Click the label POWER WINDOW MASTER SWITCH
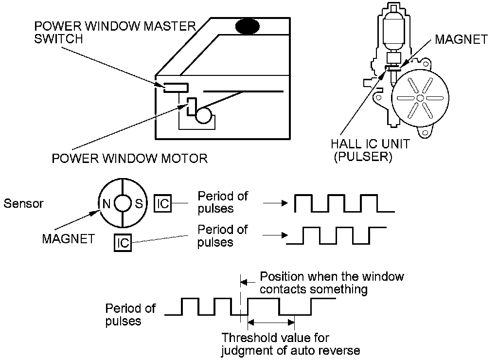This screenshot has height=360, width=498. point(114,32)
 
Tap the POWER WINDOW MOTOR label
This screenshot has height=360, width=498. point(129,158)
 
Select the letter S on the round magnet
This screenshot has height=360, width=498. point(139,203)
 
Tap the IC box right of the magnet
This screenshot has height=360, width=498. point(163,203)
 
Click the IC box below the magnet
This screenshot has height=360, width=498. point(124,242)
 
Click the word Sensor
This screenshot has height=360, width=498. point(23,203)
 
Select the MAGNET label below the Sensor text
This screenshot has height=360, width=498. point(68,239)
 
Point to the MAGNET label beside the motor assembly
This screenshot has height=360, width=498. point(461,39)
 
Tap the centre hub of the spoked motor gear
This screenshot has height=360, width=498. point(419,98)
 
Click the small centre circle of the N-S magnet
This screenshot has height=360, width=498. point(122,203)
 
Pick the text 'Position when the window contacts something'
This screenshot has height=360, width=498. point(332,283)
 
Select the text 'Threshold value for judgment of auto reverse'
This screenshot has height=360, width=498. point(291,343)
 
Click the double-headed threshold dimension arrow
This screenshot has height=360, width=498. point(271,321)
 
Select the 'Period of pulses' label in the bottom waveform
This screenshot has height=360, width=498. point(130,314)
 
